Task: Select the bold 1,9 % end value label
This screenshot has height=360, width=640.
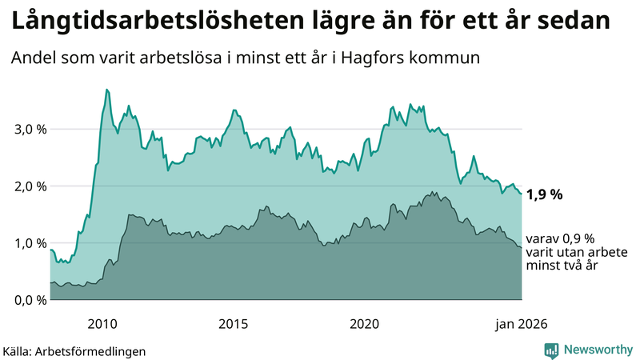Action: tap(545, 194)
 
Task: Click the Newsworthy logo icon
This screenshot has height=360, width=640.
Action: tap(552, 350)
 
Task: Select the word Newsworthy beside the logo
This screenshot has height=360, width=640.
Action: tap(597, 350)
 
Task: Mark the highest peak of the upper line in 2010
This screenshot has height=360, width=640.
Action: tap(107, 90)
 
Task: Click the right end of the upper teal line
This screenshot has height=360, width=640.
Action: tap(522, 194)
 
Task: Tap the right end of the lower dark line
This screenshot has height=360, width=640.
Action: tap(522, 248)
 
